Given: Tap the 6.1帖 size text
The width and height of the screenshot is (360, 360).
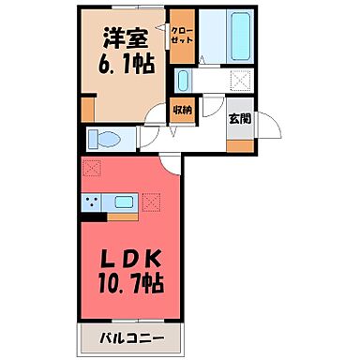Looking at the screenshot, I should pos(119,67).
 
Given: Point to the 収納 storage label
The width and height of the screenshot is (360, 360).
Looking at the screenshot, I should pos(182,111).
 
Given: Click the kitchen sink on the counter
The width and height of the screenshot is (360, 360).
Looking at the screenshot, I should pos(124,201).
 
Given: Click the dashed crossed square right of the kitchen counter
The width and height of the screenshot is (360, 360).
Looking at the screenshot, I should pos(153,200).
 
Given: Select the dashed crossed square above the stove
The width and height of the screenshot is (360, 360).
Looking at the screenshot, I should pos(91,171).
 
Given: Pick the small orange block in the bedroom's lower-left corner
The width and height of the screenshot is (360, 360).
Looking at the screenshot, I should pos(87,110).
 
